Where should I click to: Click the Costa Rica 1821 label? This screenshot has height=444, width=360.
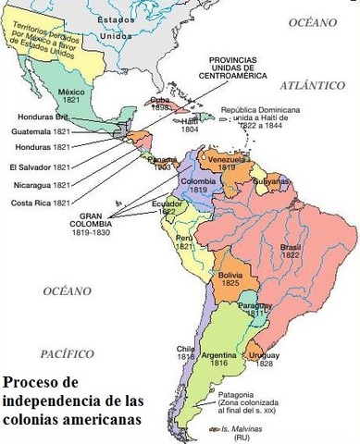38,203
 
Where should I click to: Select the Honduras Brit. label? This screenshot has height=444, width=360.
37,117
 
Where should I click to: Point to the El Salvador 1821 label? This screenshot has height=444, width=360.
38,167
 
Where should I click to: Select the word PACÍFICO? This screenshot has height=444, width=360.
67,354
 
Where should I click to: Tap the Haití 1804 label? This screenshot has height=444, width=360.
190,125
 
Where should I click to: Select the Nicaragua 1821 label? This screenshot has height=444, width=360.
38,185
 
